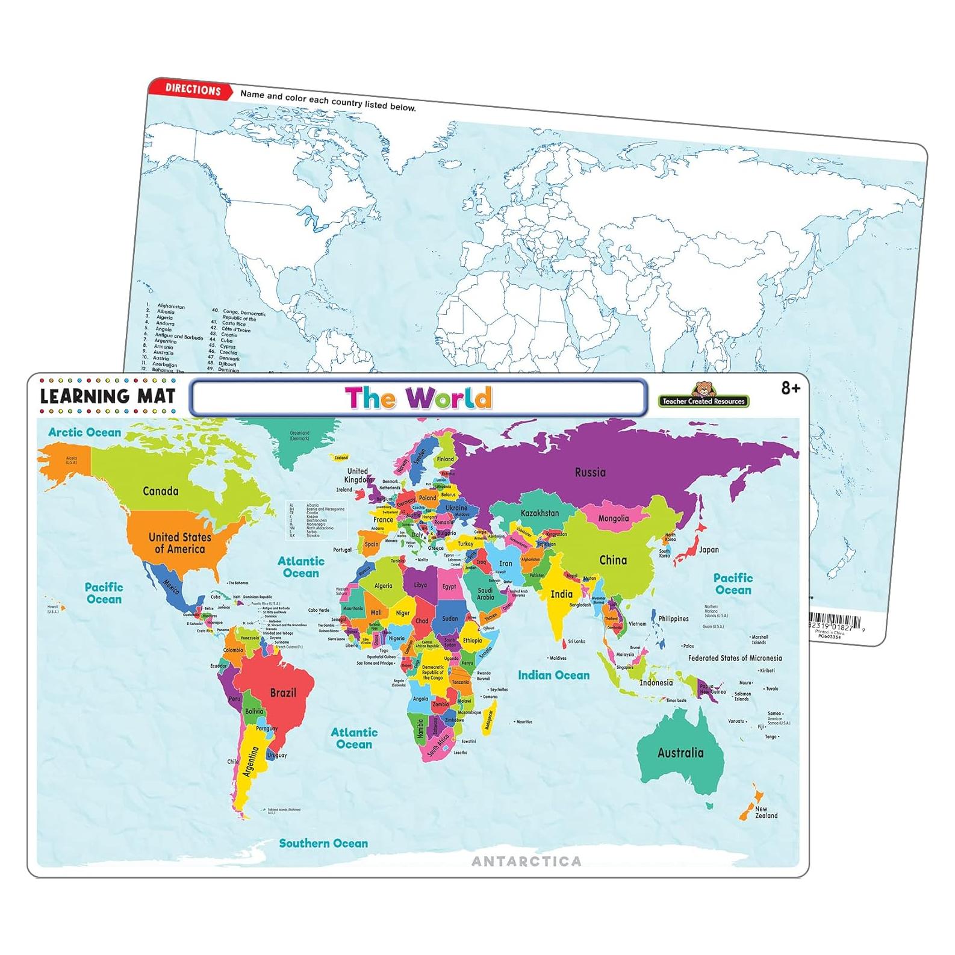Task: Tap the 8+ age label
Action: pos(790,389)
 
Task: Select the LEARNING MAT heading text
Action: pos(108,396)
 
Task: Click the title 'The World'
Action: pos(418,398)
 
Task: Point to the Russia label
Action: pos(589,473)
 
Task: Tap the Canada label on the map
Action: pos(160,491)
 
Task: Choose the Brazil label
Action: pos(283,692)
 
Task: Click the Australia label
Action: pos(680,753)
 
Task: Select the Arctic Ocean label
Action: pos(84,432)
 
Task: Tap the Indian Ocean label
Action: pos(553,676)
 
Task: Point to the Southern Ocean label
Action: pos(323,844)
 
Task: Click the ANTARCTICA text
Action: pos(526,862)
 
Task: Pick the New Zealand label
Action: pos(766,812)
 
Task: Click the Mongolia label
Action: pos(613,518)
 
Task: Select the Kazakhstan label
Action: pos(540,514)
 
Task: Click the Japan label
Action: pos(709,550)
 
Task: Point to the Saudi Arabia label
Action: pos(485,594)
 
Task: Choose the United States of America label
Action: pos(179,543)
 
